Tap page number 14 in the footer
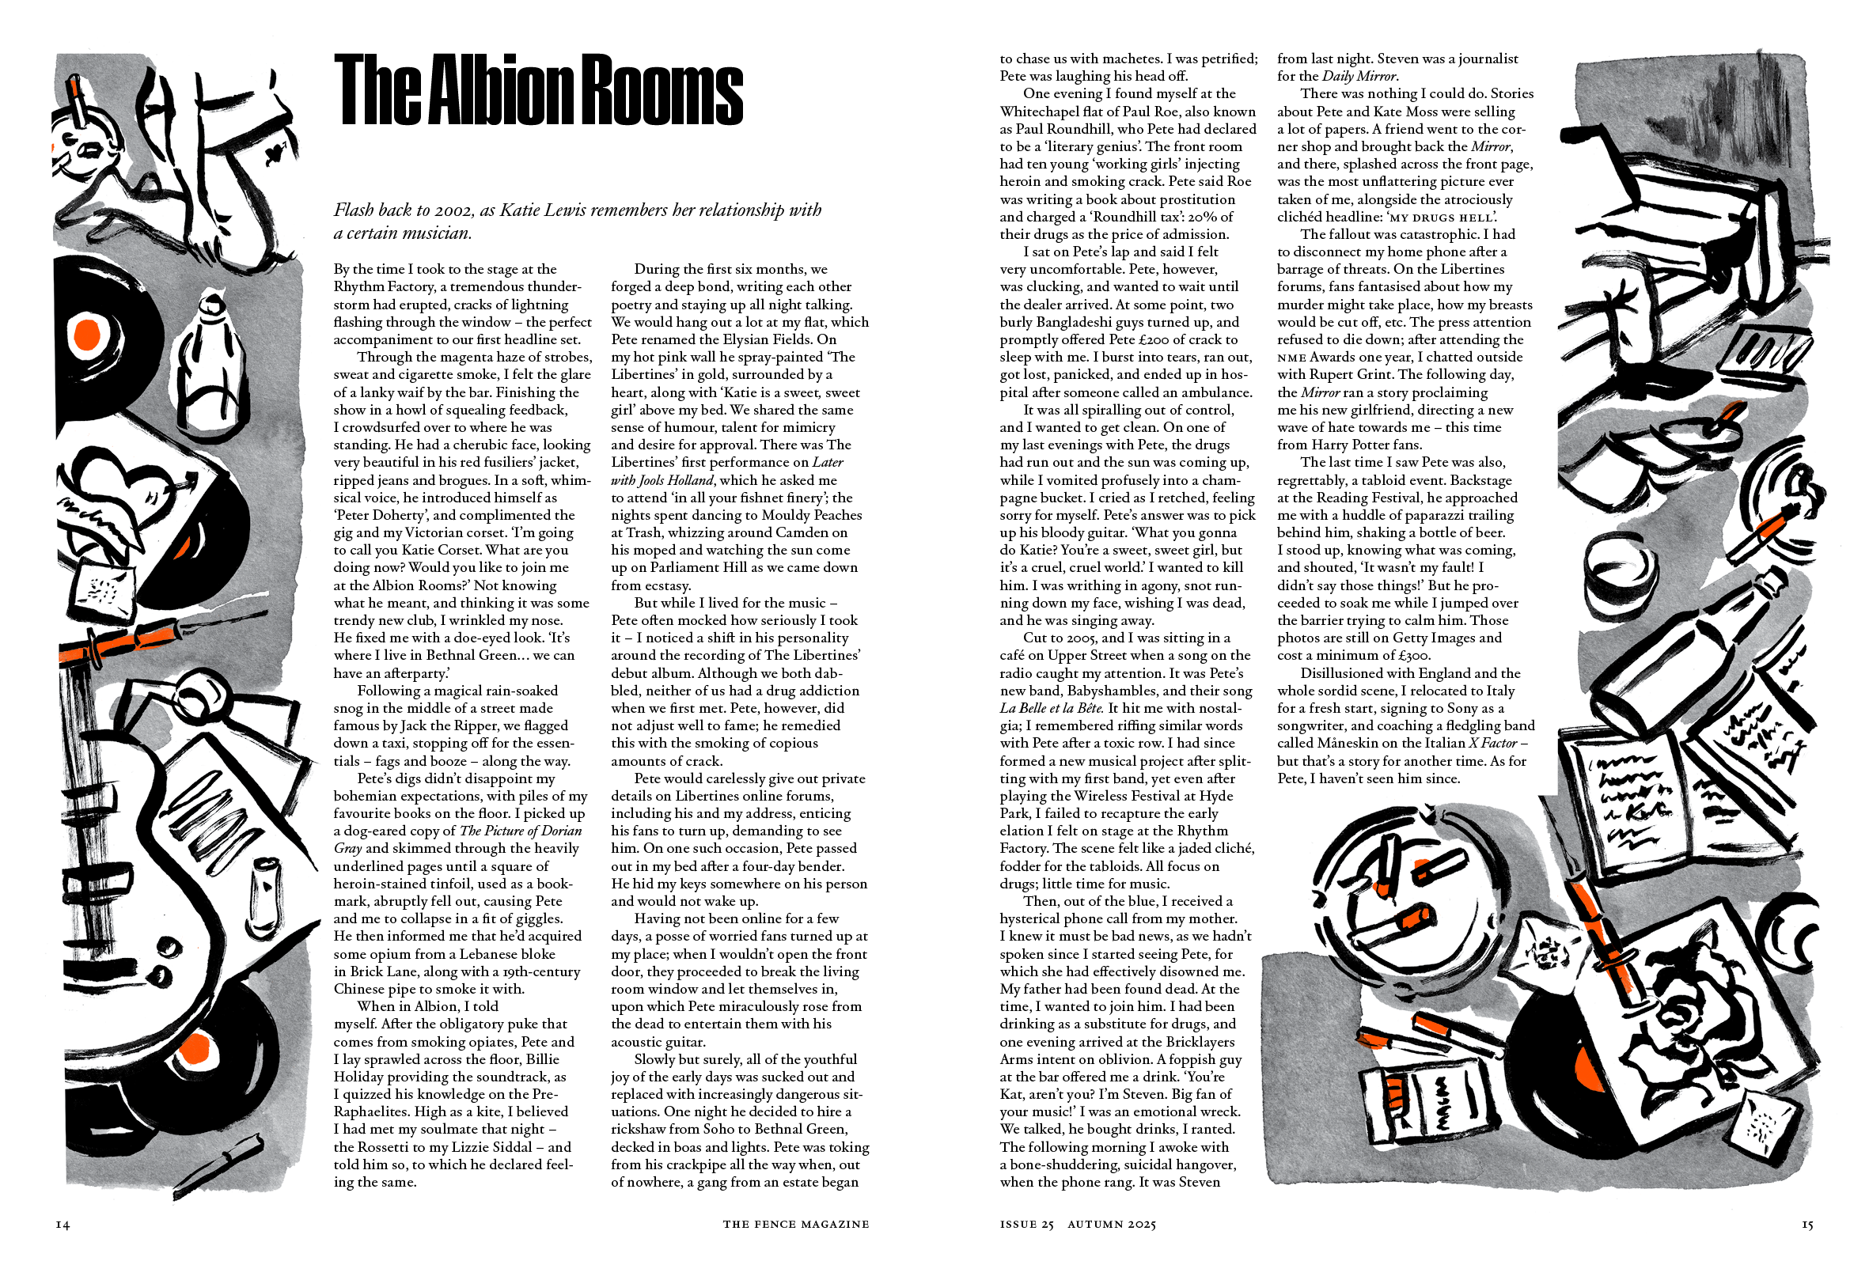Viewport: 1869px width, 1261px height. tap(63, 1225)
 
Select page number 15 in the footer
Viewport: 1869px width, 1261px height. tap(1807, 1225)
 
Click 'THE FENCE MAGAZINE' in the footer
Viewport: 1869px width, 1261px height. tap(795, 1225)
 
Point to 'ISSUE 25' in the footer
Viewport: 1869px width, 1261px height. tap(1026, 1225)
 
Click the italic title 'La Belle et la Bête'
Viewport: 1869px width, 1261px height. tap(1051, 709)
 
